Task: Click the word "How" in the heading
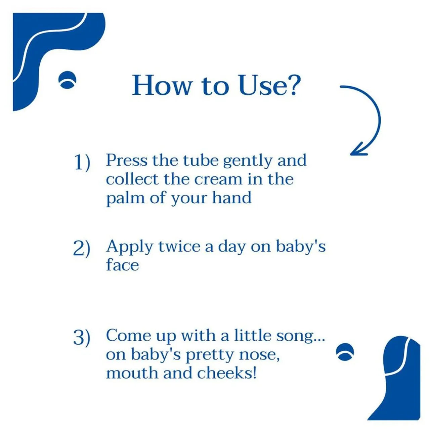click(x=162, y=86)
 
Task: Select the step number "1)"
click(x=82, y=162)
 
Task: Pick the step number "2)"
click(x=82, y=248)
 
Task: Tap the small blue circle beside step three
click(x=345, y=352)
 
